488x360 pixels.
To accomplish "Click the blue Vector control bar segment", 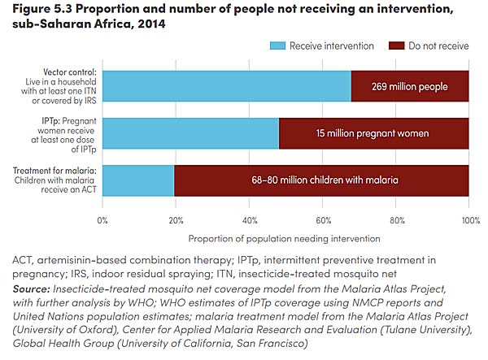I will [227, 86].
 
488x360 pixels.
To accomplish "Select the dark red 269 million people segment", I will [410, 86].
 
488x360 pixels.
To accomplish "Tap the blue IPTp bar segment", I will [191, 133].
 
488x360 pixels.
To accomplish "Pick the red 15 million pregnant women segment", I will [374, 133].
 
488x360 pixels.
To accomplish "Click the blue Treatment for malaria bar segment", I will [139, 180].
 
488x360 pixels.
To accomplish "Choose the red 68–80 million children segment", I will [322, 180].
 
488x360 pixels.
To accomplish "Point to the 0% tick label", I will [103, 219].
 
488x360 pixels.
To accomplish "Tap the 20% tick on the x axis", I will [176, 219].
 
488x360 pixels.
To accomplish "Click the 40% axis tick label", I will [250, 219].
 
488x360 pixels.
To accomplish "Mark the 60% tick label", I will [323, 219].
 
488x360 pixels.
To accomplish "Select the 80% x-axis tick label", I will [396, 219].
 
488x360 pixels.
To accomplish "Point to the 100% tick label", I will [468, 219].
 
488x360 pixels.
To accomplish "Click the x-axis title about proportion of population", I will [285, 238].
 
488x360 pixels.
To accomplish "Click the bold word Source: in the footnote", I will [31, 288].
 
